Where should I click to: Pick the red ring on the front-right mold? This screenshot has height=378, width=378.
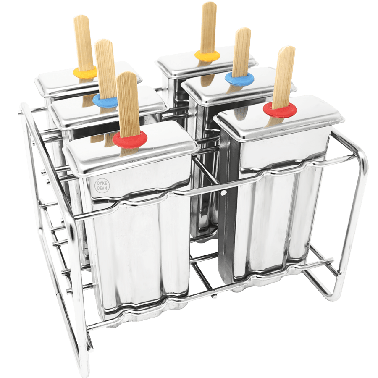click(x=280, y=110)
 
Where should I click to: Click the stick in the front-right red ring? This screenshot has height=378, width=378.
click(x=284, y=76)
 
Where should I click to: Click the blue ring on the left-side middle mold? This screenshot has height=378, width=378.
click(x=105, y=101)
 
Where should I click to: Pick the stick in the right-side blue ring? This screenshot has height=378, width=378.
click(x=241, y=50)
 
